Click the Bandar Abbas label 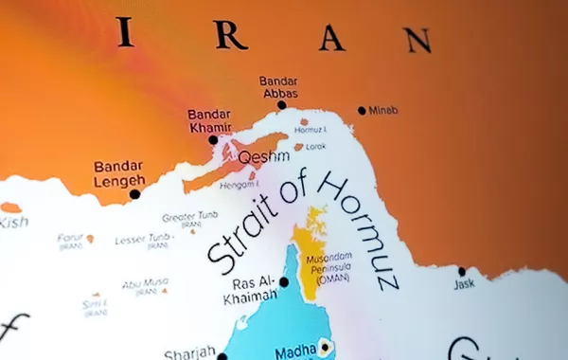[x=278, y=87]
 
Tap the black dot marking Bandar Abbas [x=281, y=105]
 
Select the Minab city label [x=383, y=110]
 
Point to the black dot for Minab [x=362, y=111]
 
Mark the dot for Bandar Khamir [x=213, y=140]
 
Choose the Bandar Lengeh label [x=119, y=173]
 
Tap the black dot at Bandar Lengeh [x=134, y=194]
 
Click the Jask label [x=464, y=283]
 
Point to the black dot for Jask [x=462, y=271]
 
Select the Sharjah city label [x=189, y=354]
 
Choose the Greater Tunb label [x=191, y=218]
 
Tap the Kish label [x=11, y=222]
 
